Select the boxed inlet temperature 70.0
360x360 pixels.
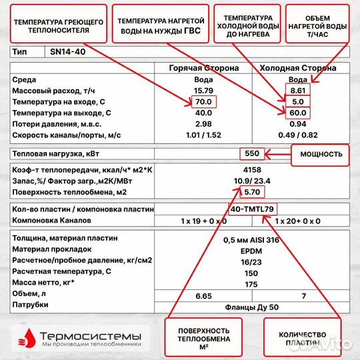(x=203, y=102)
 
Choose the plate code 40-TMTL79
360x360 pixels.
(x=251, y=209)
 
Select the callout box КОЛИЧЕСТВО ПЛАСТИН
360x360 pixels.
(x=304, y=338)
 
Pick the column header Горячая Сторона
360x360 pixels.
(x=202, y=68)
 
